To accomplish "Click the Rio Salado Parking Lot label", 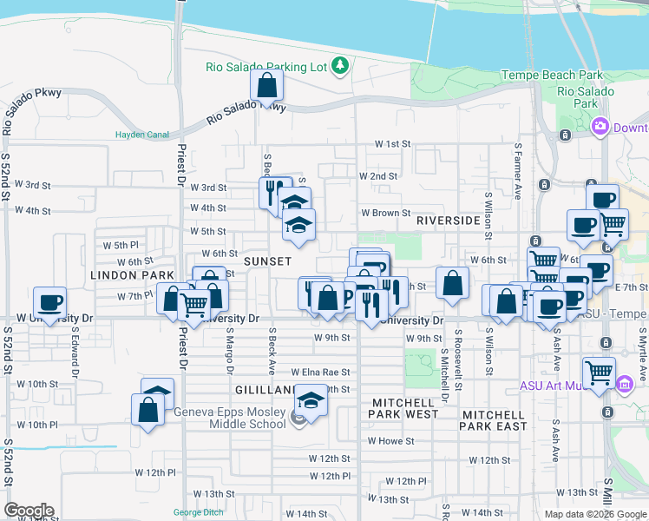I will point(270,66).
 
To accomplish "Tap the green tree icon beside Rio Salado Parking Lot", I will point(342,65).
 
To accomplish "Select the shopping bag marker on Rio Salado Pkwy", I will point(267,86).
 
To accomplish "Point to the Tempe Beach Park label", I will point(552,76).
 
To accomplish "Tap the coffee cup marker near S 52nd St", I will point(51,304).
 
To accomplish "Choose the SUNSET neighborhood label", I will point(266,260).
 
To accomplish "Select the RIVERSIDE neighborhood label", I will point(448,221).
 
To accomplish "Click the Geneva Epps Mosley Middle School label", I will point(230,418).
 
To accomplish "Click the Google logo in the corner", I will point(29,511).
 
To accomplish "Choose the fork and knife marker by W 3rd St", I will point(272,190).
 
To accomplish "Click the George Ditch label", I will point(198,512).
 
